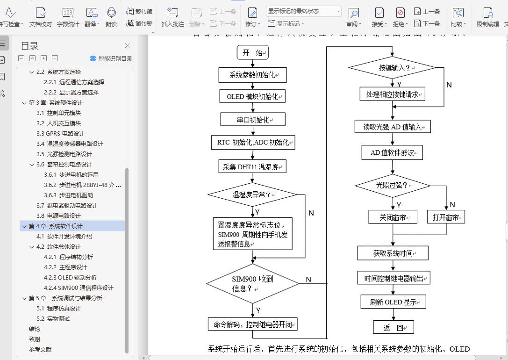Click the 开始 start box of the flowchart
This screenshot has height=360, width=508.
(252, 53)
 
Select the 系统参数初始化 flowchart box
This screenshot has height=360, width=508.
(252, 75)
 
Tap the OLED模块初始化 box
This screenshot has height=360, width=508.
(252, 97)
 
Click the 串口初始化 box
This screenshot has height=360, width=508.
(253, 120)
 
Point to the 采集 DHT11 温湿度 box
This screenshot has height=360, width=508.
(252, 166)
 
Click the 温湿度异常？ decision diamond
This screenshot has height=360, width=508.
(252, 194)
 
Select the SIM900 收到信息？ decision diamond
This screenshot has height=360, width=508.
(252, 284)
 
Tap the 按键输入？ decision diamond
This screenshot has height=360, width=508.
(393, 68)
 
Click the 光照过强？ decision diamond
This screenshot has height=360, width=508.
(393, 186)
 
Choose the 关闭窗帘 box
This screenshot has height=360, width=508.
(393, 217)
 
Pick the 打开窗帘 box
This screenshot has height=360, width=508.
(446, 217)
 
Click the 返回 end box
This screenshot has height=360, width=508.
(393, 327)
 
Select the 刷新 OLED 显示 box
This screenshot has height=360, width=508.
(393, 302)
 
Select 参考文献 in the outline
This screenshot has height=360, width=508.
(40, 350)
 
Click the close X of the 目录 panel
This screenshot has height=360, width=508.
(127, 46)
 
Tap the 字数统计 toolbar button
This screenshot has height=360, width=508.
(68, 17)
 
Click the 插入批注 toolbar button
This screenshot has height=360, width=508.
(172, 17)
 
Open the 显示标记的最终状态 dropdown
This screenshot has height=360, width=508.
(303, 11)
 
